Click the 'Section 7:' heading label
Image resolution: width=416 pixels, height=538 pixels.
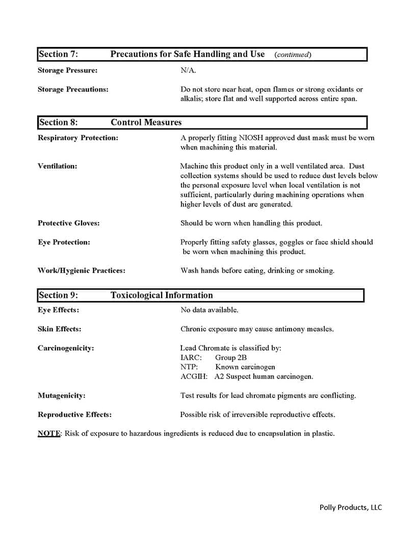tap(59, 54)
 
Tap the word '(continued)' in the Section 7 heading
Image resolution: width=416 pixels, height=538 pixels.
tap(293, 55)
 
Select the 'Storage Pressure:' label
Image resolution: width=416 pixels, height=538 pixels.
tap(67, 70)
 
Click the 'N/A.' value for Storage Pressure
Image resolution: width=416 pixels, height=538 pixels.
tap(188, 70)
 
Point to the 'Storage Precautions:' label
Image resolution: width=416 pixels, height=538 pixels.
tap(73, 89)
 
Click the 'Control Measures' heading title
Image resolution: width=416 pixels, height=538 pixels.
tap(146, 122)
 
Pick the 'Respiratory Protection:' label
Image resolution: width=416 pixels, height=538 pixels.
tap(78, 138)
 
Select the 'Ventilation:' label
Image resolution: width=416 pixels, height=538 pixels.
tap(58, 166)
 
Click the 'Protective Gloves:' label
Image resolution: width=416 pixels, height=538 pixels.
tap(69, 223)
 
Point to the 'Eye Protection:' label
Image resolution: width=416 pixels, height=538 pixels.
tap(64, 242)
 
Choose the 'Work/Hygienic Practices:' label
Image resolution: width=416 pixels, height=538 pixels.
tap(82, 271)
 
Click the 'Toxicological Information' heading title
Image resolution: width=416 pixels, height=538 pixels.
tap(162, 295)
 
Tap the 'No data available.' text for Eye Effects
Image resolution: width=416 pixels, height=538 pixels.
tap(209, 310)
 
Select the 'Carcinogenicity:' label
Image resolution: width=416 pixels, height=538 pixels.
tap(66, 348)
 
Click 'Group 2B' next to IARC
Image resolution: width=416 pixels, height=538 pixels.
tap(230, 358)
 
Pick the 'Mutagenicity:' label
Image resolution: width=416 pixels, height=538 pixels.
tap(62, 395)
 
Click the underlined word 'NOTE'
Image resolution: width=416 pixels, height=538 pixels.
tap(49, 434)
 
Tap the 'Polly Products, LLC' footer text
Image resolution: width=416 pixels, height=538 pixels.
tap(350, 507)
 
